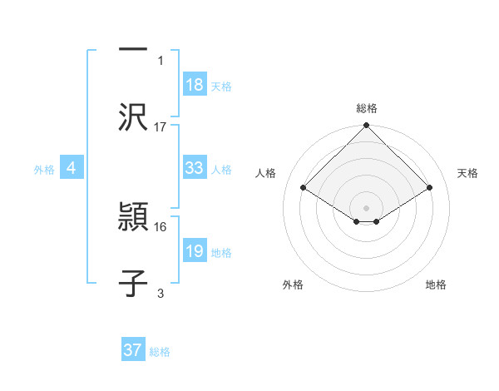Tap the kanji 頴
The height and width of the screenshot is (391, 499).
134,219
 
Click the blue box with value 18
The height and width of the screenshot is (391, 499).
195,84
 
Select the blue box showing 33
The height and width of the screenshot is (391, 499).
195,167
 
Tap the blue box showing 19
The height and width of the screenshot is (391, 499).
195,250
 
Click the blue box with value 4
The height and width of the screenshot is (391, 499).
72,167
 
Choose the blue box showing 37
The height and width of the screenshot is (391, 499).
133,350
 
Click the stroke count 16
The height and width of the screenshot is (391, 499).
161,226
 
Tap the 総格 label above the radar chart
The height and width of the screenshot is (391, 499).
367,108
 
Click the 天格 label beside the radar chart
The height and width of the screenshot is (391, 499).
468,173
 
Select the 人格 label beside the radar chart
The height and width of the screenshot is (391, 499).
266,173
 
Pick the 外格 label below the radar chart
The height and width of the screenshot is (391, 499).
293,285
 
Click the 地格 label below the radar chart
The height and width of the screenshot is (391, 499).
436,285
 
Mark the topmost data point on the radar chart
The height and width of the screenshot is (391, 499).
366,126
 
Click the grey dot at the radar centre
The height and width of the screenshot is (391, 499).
366,207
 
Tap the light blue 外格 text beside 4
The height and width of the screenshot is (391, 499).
44,169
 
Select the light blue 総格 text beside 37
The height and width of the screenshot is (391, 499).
160,352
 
